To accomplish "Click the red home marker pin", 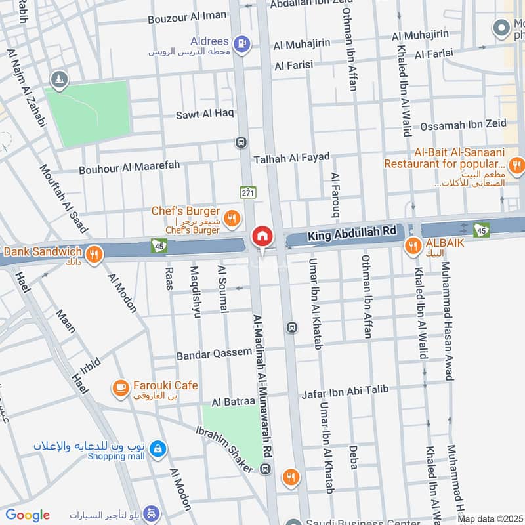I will point(262,236).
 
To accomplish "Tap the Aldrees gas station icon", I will point(243,43).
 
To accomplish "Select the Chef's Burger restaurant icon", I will point(231,218).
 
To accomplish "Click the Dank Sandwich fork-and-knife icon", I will point(94,253).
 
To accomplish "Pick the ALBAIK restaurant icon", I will point(413,246).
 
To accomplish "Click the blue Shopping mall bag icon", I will point(157,450).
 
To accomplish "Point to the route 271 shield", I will point(247,192).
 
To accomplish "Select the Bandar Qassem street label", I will point(214,354).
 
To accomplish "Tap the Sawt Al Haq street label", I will point(204,114).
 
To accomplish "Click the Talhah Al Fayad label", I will point(291,157).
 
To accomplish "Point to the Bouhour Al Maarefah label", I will point(129,168).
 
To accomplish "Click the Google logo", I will point(28,515).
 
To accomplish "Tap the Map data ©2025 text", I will point(490,519).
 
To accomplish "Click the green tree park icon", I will point(60,79).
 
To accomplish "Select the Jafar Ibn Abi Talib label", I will point(345,392).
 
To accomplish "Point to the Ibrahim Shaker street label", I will point(224,448).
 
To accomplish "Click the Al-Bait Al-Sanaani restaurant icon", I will point(516,164).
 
